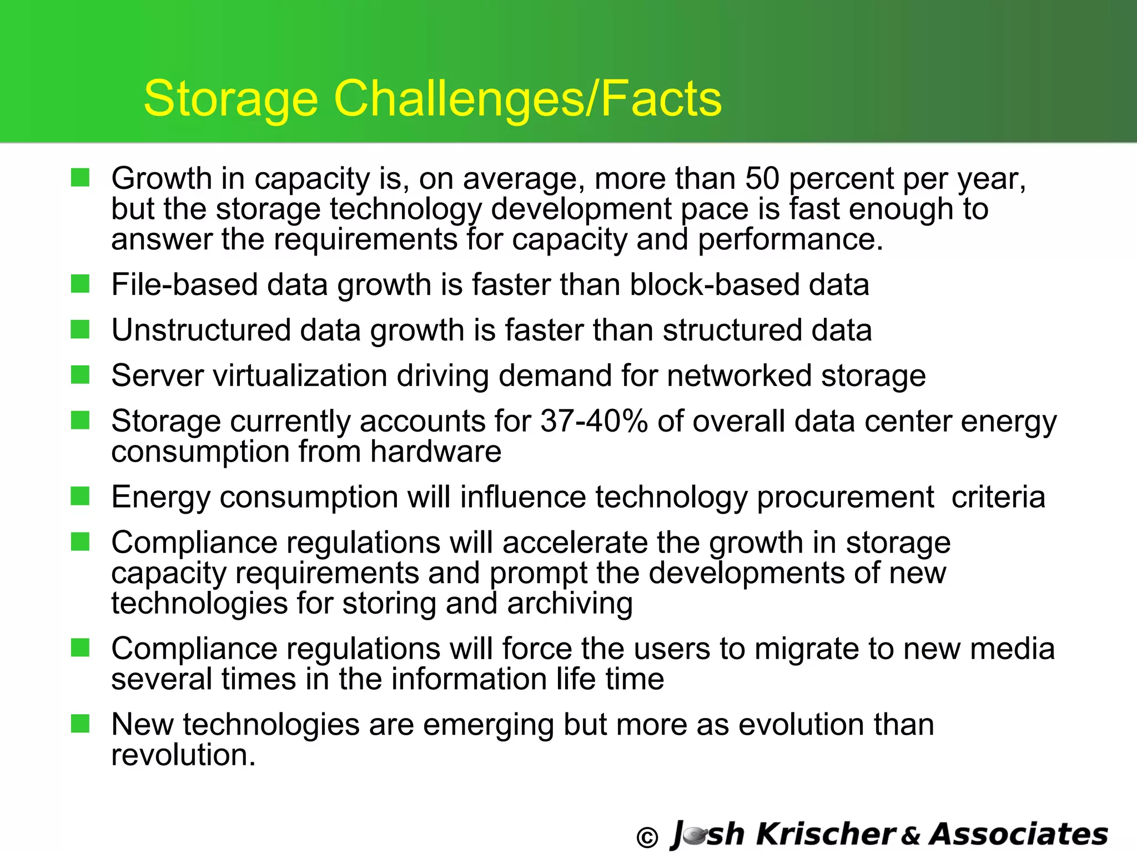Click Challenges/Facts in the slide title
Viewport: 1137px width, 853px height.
pos(527,99)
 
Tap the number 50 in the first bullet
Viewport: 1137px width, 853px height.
pos(762,179)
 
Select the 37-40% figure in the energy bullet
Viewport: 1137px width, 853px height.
pos(594,421)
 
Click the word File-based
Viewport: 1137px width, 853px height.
pos(184,285)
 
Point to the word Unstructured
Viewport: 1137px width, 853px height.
pos(201,330)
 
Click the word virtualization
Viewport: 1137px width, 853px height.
pos(300,376)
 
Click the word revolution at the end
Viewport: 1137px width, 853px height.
pos(183,755)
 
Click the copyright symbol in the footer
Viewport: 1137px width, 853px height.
pos(647,837)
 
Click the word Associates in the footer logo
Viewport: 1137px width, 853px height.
pos(1019,834)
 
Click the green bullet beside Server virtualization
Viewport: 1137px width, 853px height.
pos(81,375)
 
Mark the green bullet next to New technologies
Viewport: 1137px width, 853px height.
pos(81,724)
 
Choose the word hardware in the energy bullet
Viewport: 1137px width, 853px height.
pos(436,451)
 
